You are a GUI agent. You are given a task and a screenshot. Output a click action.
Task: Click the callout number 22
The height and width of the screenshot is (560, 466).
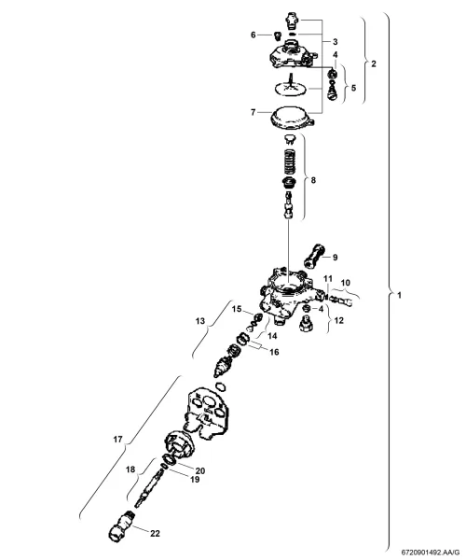pyautogui.click(x=155, y=534)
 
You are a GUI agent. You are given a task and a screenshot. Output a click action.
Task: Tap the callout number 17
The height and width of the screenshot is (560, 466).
pyautogui.click(x=118, y=440)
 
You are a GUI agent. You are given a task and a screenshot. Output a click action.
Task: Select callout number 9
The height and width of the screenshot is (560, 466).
pyautogui.click(x=335, y=258)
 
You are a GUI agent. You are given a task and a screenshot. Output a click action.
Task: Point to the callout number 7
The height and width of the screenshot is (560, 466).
pyautogui.click(x=253, y=113)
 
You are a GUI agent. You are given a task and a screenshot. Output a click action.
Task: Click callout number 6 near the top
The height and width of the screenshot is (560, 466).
pyautogui.click(x=254, y=35)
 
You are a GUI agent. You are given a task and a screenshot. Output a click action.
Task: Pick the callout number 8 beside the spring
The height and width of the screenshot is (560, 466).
pyautogui.click(x=313, y=180)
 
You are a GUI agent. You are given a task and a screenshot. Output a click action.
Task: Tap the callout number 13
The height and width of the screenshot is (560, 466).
pyautogui.click(x=200, y=321)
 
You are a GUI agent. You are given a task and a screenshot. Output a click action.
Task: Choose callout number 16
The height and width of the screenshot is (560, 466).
pyautogui.click(x=274, y=352)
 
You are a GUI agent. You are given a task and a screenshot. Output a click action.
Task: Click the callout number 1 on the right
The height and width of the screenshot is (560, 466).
pyautogui.click(x=399, y=295)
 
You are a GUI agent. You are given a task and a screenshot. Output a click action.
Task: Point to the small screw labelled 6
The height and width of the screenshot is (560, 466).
pyautogui.click(x=277, y=35)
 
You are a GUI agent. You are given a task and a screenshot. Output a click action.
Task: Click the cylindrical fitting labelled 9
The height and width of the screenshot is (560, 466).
pyautogui.click(x=314, y=257)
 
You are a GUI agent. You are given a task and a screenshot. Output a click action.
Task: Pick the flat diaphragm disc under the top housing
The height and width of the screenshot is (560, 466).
pyautogui.click(x=291, y=89)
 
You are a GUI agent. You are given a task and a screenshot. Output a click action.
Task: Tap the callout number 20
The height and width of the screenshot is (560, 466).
pyautogui.click(x=200, y=470)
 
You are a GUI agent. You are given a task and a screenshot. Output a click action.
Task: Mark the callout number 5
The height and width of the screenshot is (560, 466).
pyautogui.click(x=353, y=88)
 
